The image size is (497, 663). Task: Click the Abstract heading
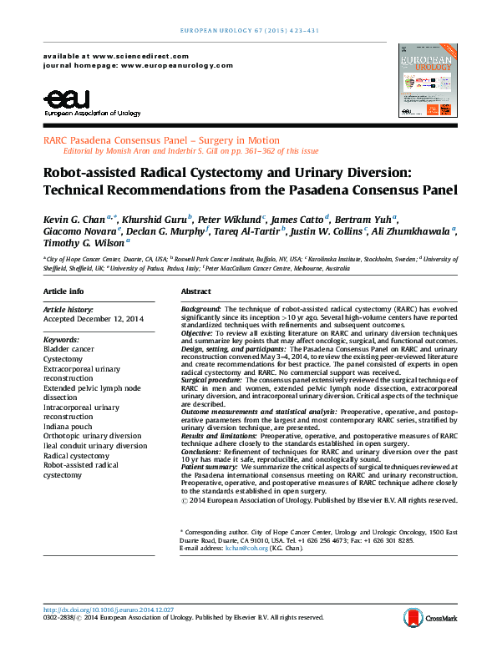(x=195, y=291)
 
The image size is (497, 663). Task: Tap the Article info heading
(x=63, y=291)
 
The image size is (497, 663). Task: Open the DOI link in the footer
(x=109, y=609)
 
